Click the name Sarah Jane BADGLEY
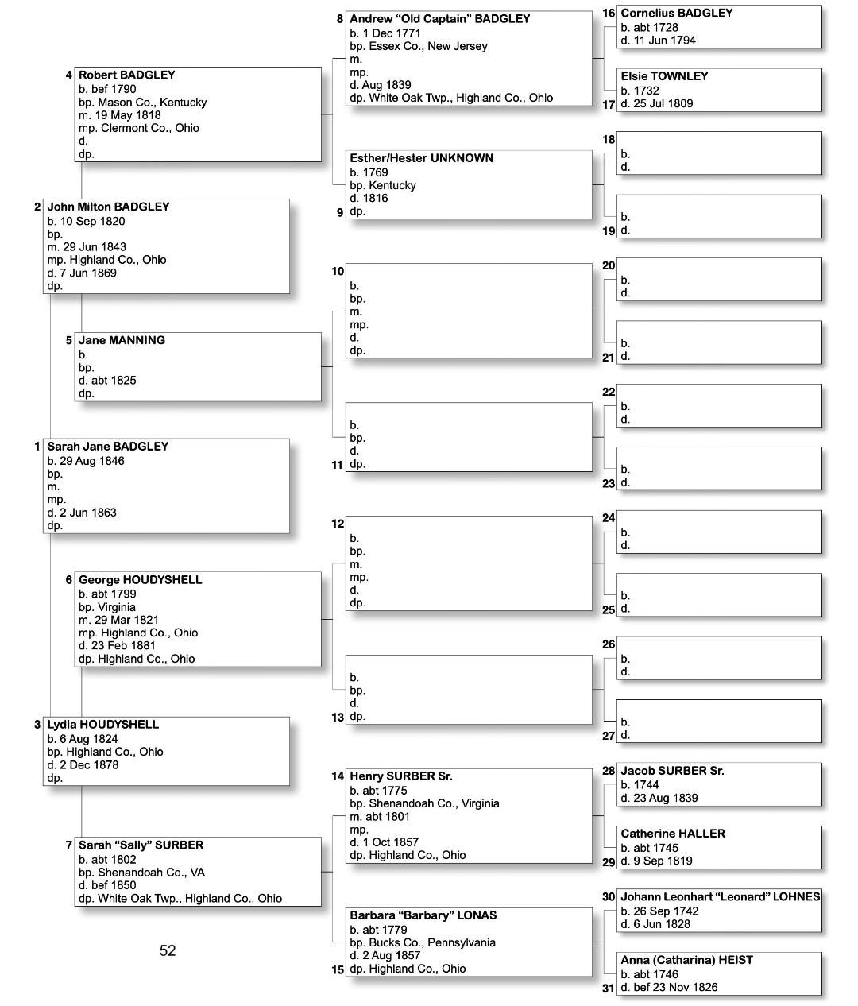click(107, 447)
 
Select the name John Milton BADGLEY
click(108, 207)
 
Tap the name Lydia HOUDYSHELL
click(102, 725)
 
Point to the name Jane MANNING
click(122, 340)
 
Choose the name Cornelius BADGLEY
click(676, 14)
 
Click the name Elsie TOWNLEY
click(664, 76)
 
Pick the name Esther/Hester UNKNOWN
click(421, 158)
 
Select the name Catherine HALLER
click(672, 834)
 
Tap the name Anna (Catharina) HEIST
click(686, 960)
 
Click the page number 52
click(168, 950)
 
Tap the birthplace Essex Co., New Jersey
click(428, 46)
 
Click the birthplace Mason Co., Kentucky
click(152, 103)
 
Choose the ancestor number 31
click(609, 989)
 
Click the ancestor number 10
click(338, 272)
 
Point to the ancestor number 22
click(609, 393)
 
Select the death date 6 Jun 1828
click(662, 924)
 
